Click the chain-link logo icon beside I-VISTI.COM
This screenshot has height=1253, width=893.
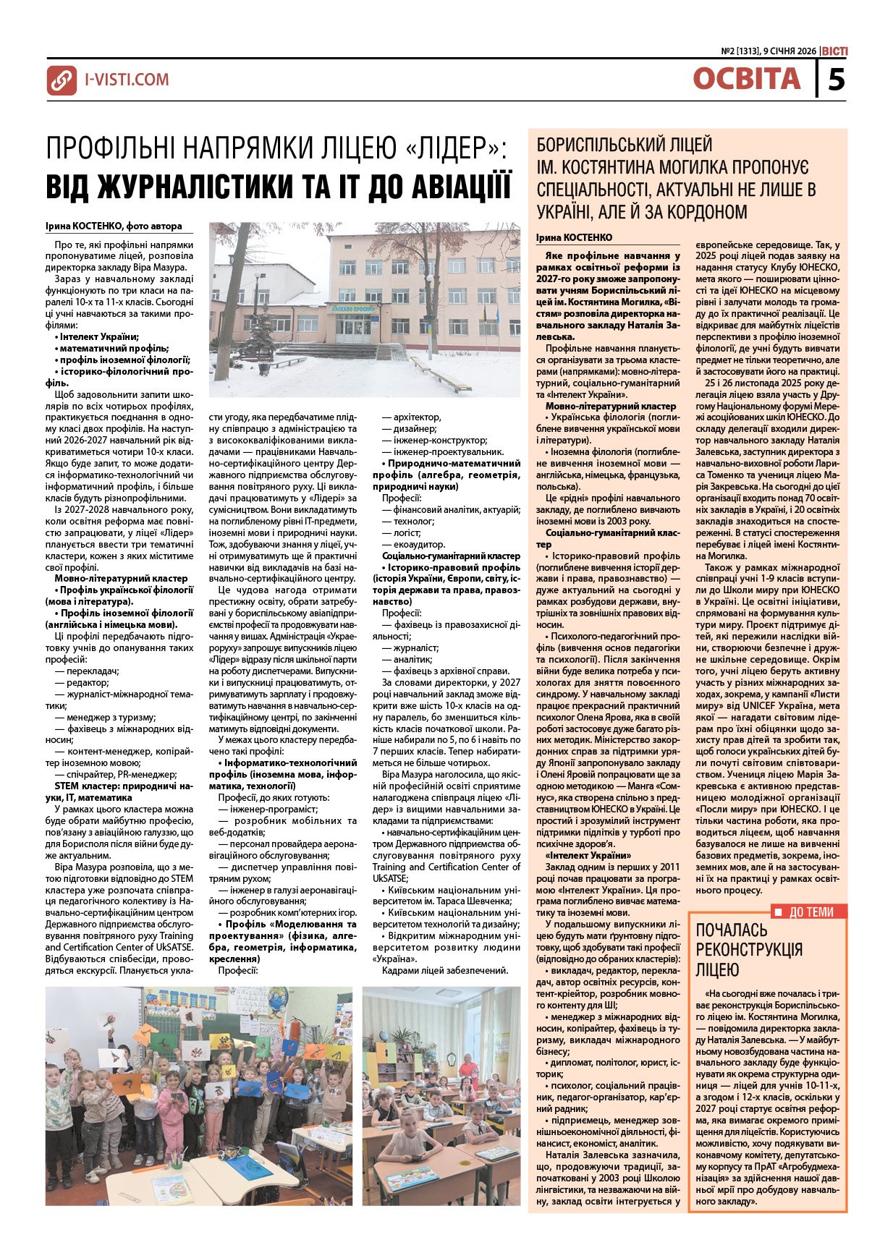[x=62, y=80]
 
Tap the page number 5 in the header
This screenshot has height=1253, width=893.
[x=836, y=78]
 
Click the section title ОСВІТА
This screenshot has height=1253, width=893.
[x=746, y=79]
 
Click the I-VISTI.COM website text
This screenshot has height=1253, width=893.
[x=127, y=80]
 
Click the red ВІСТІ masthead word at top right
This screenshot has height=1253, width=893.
[x=834, y=51]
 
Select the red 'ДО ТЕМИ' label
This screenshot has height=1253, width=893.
[x=811, y=912]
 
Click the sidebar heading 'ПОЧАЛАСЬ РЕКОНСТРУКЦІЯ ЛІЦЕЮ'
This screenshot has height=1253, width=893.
[x=749, y=949]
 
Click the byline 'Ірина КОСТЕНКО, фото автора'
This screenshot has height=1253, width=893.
[x=114, y=226]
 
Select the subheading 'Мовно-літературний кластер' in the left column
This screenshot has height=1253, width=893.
[x=121, y=578]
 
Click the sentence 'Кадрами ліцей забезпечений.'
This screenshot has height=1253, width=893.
[x=445, y=970]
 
